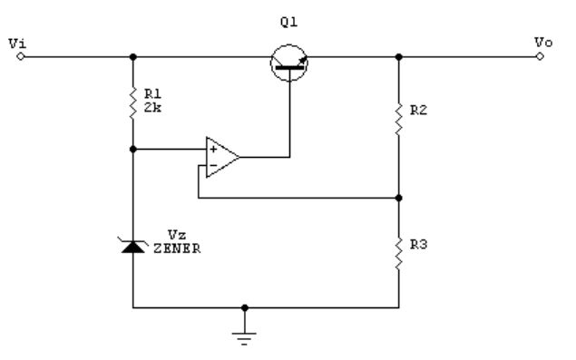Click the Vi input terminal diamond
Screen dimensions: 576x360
pos(21,56)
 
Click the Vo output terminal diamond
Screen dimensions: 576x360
pos(540,56)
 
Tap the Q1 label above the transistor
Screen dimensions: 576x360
pos(288,23)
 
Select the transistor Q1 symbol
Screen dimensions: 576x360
pos(289,63)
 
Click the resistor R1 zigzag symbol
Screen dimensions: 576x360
pos(133,103)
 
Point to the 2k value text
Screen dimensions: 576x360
pos(152,108)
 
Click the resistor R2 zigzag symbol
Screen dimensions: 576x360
pos(398,120)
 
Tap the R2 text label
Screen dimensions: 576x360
pos(418,111)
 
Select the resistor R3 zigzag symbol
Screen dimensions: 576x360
pos(398,254)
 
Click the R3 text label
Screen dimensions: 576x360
pos(418,245)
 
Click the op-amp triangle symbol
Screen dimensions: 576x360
pos(222,157)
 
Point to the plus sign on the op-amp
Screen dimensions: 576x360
pos(213,149)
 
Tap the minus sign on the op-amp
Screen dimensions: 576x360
pos(213,166)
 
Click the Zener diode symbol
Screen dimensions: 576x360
pos(133,246)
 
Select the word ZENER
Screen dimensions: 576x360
pos(177,248)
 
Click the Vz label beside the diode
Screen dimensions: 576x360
pos(177,235)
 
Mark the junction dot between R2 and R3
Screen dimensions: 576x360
pos(398,198)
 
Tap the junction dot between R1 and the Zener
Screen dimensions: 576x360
pos(133,149)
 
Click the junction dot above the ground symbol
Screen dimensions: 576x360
pos(245,307)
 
